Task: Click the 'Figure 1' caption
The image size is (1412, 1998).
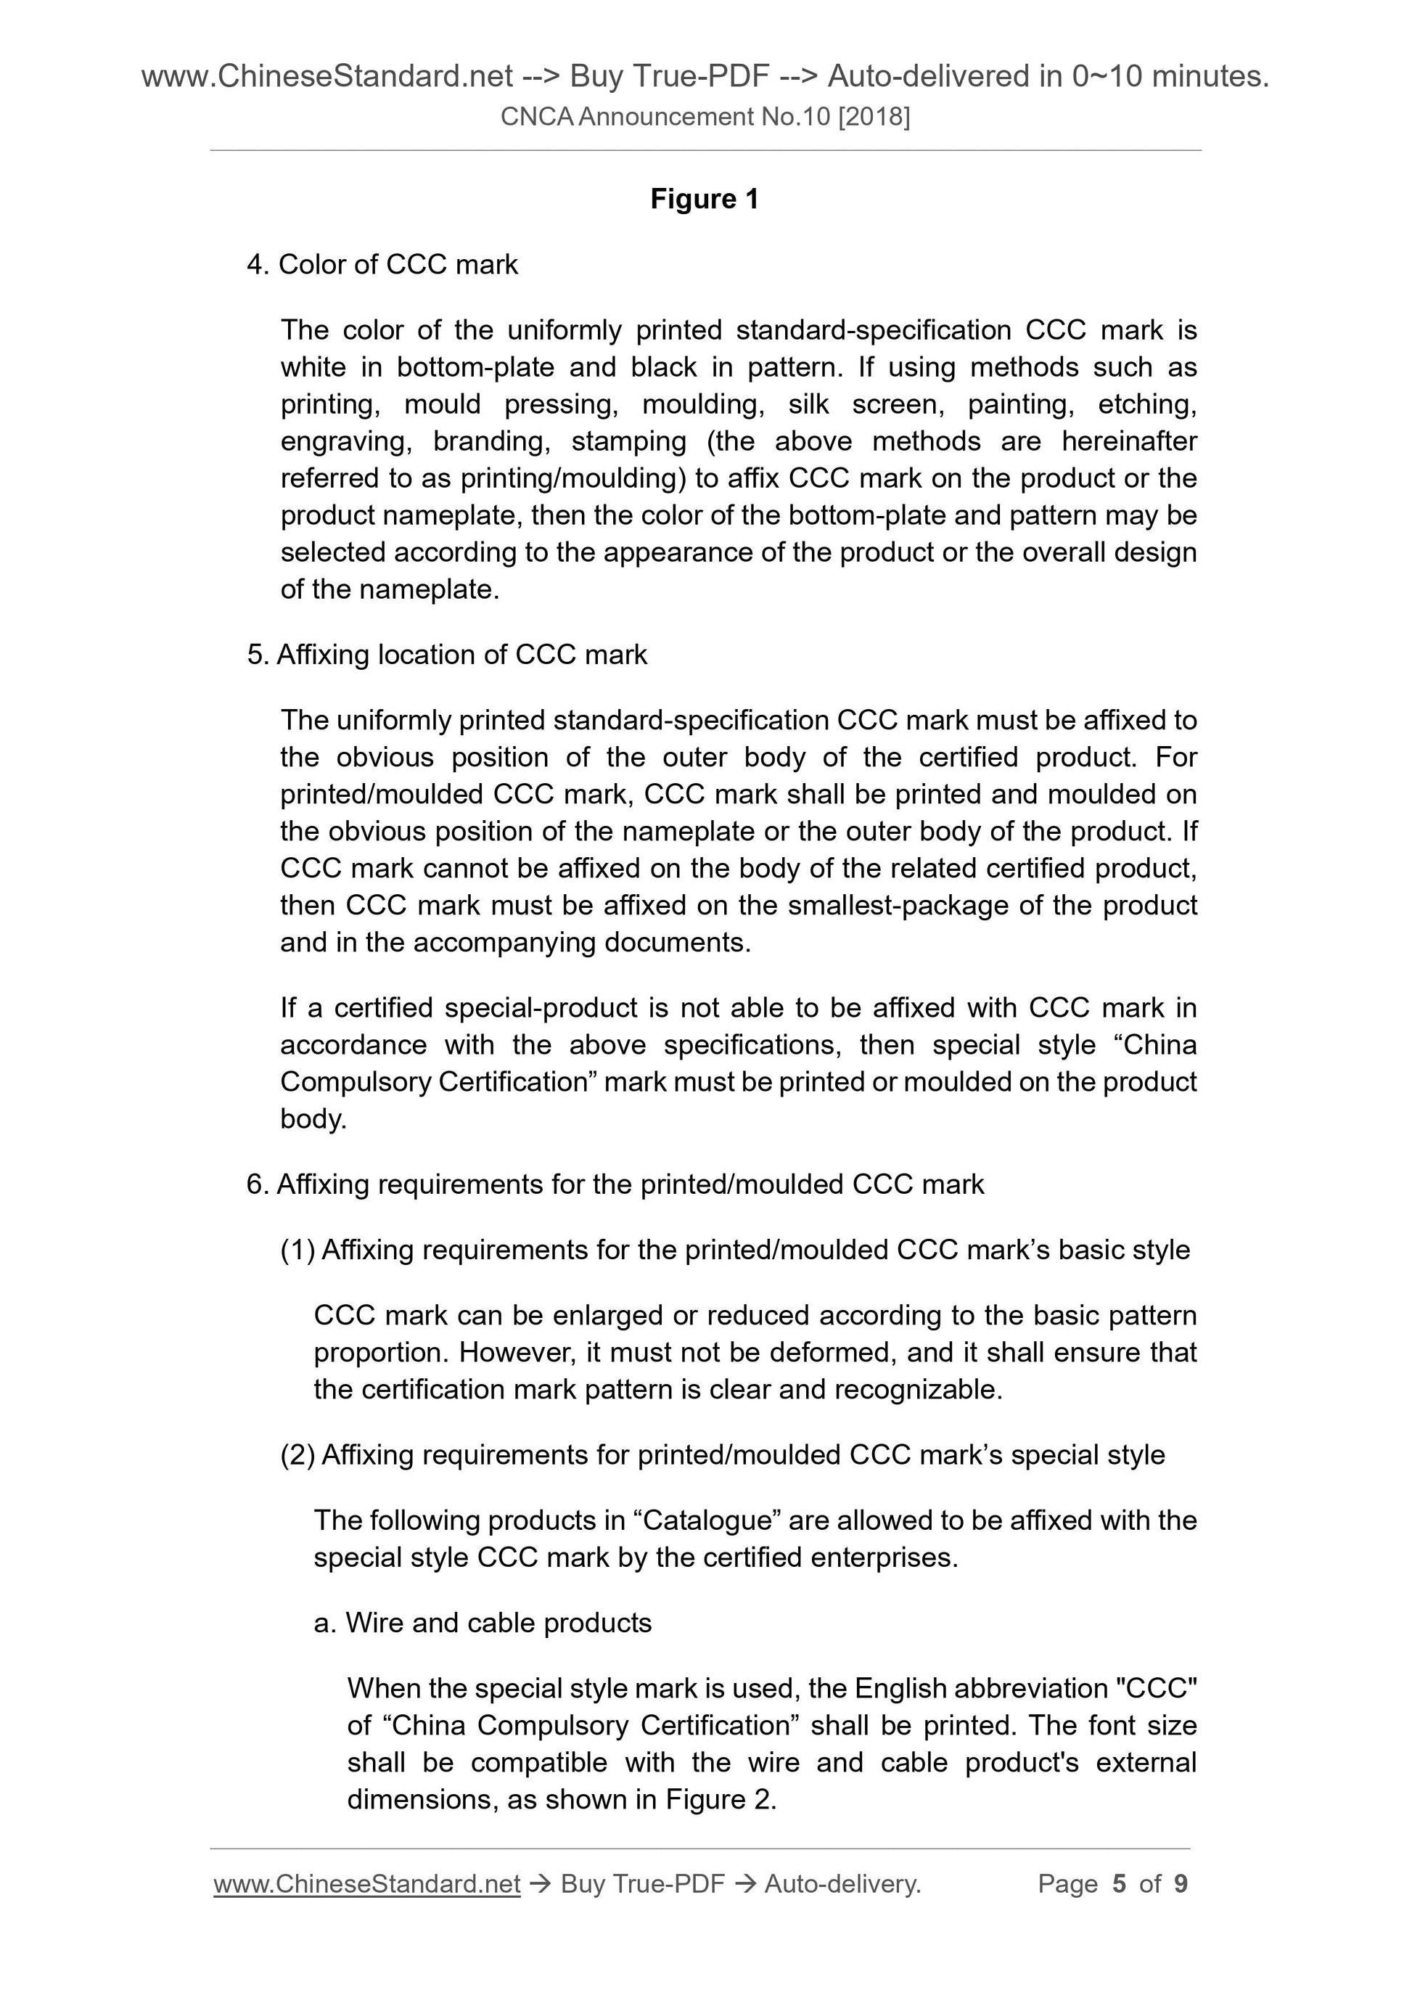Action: [705, 200]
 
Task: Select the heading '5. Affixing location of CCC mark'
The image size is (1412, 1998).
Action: [447, 655]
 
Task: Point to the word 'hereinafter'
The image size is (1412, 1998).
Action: [1128, 442]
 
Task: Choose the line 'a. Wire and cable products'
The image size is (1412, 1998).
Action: [483, 1623]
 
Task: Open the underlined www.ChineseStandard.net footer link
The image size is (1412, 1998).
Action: [366, 1884]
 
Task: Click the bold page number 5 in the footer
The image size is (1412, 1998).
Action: [1119, 1884]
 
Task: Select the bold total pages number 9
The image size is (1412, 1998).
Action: [1181, 1884]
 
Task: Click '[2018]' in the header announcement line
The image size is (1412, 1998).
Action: [874, 117]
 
